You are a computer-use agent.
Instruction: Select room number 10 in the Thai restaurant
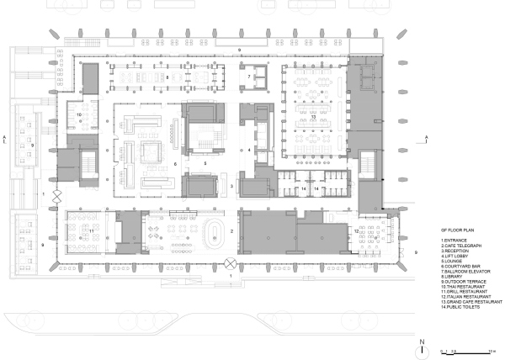coord(79,114)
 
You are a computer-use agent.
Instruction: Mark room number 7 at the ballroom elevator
coord(250,77)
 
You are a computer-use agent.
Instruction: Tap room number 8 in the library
coord(167,77)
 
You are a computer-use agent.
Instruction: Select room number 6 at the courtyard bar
coord(174,163)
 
